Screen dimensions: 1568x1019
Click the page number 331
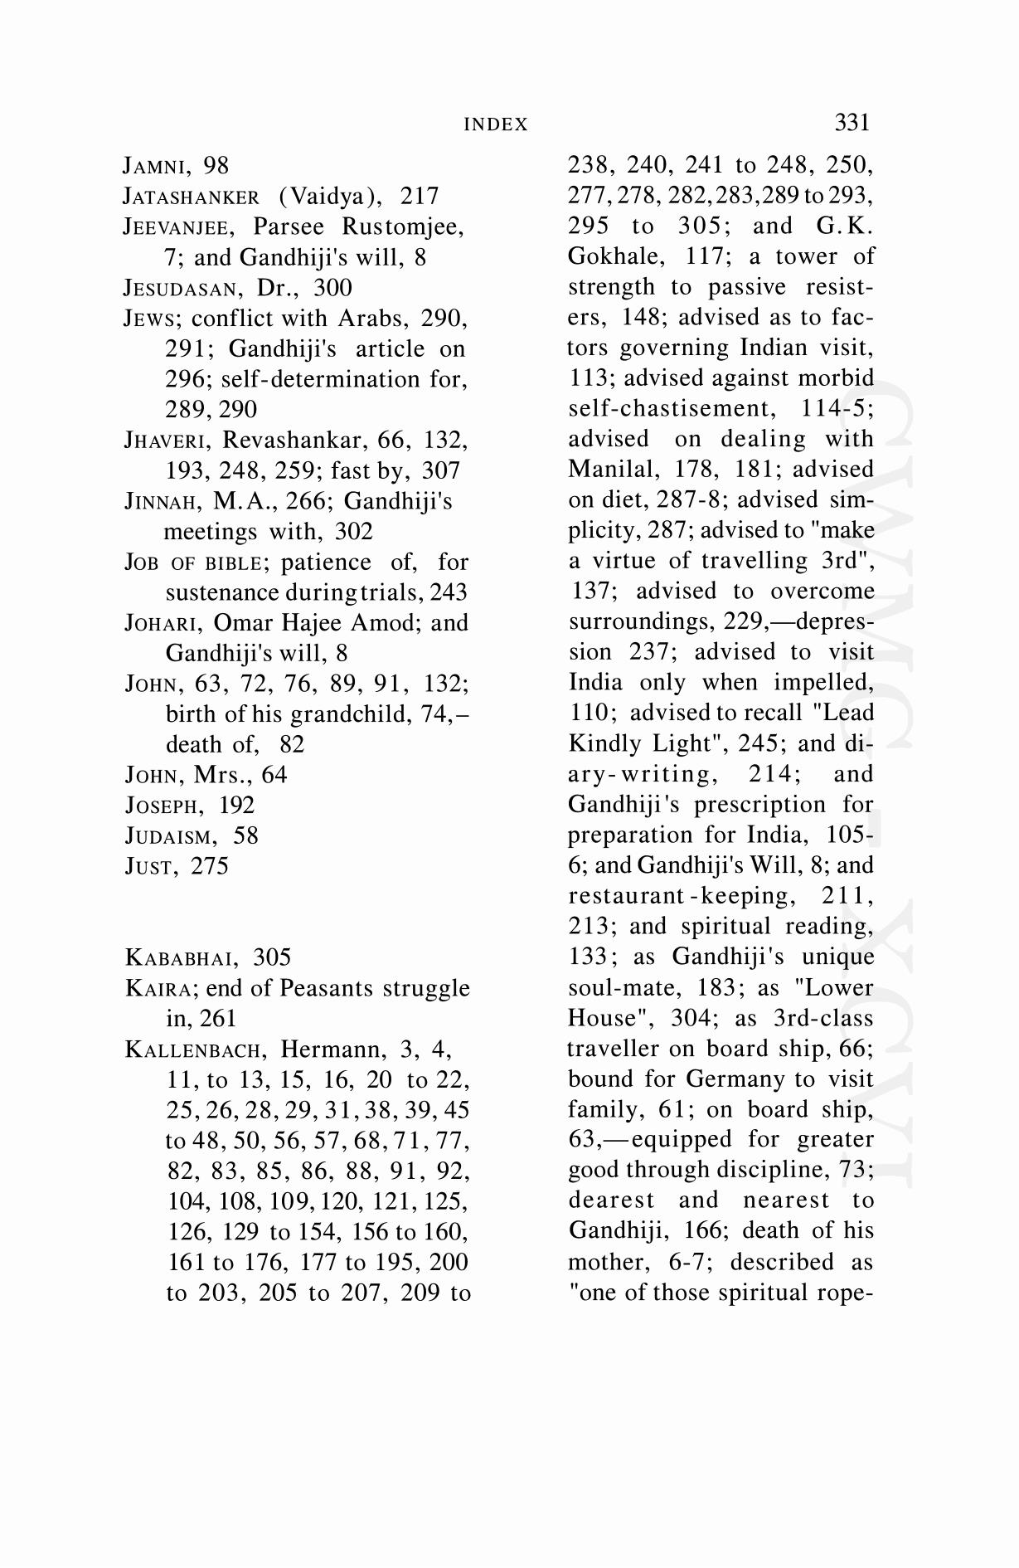[852, 123]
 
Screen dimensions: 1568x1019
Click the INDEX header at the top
[495, 124]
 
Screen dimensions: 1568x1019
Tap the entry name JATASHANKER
[192, 197]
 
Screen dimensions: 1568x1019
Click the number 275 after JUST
[210, 866]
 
